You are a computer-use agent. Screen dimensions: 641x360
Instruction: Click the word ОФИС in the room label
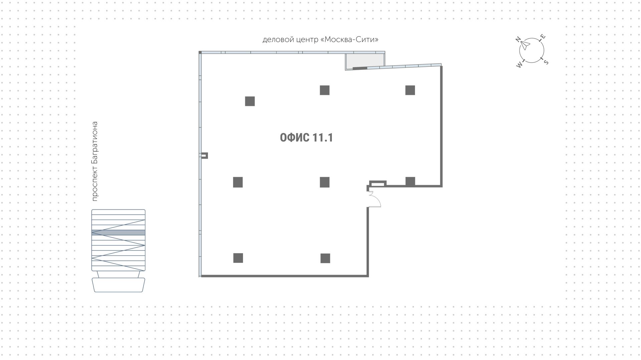(294, 138)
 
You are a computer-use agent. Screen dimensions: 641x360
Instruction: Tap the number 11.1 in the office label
(323, 138)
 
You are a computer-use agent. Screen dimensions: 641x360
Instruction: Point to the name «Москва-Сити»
(350, 40)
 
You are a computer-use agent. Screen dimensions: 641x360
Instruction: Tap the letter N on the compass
(518, 40)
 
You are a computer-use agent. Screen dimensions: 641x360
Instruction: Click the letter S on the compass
(546, 62)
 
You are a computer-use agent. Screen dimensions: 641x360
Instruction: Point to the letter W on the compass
(519, 65)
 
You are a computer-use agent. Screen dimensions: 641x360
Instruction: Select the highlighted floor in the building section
(119, 232)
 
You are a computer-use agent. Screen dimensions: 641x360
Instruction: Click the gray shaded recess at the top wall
(365, 60)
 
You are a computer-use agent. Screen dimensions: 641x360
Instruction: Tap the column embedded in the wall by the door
(410, 181)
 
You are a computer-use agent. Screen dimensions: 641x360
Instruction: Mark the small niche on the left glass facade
(204, 155)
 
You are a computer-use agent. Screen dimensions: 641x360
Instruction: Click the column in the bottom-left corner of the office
(238, 258)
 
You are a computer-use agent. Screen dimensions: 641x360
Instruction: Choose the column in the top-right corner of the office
(410, 90)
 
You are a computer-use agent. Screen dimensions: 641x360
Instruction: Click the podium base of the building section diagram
(119, 285)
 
